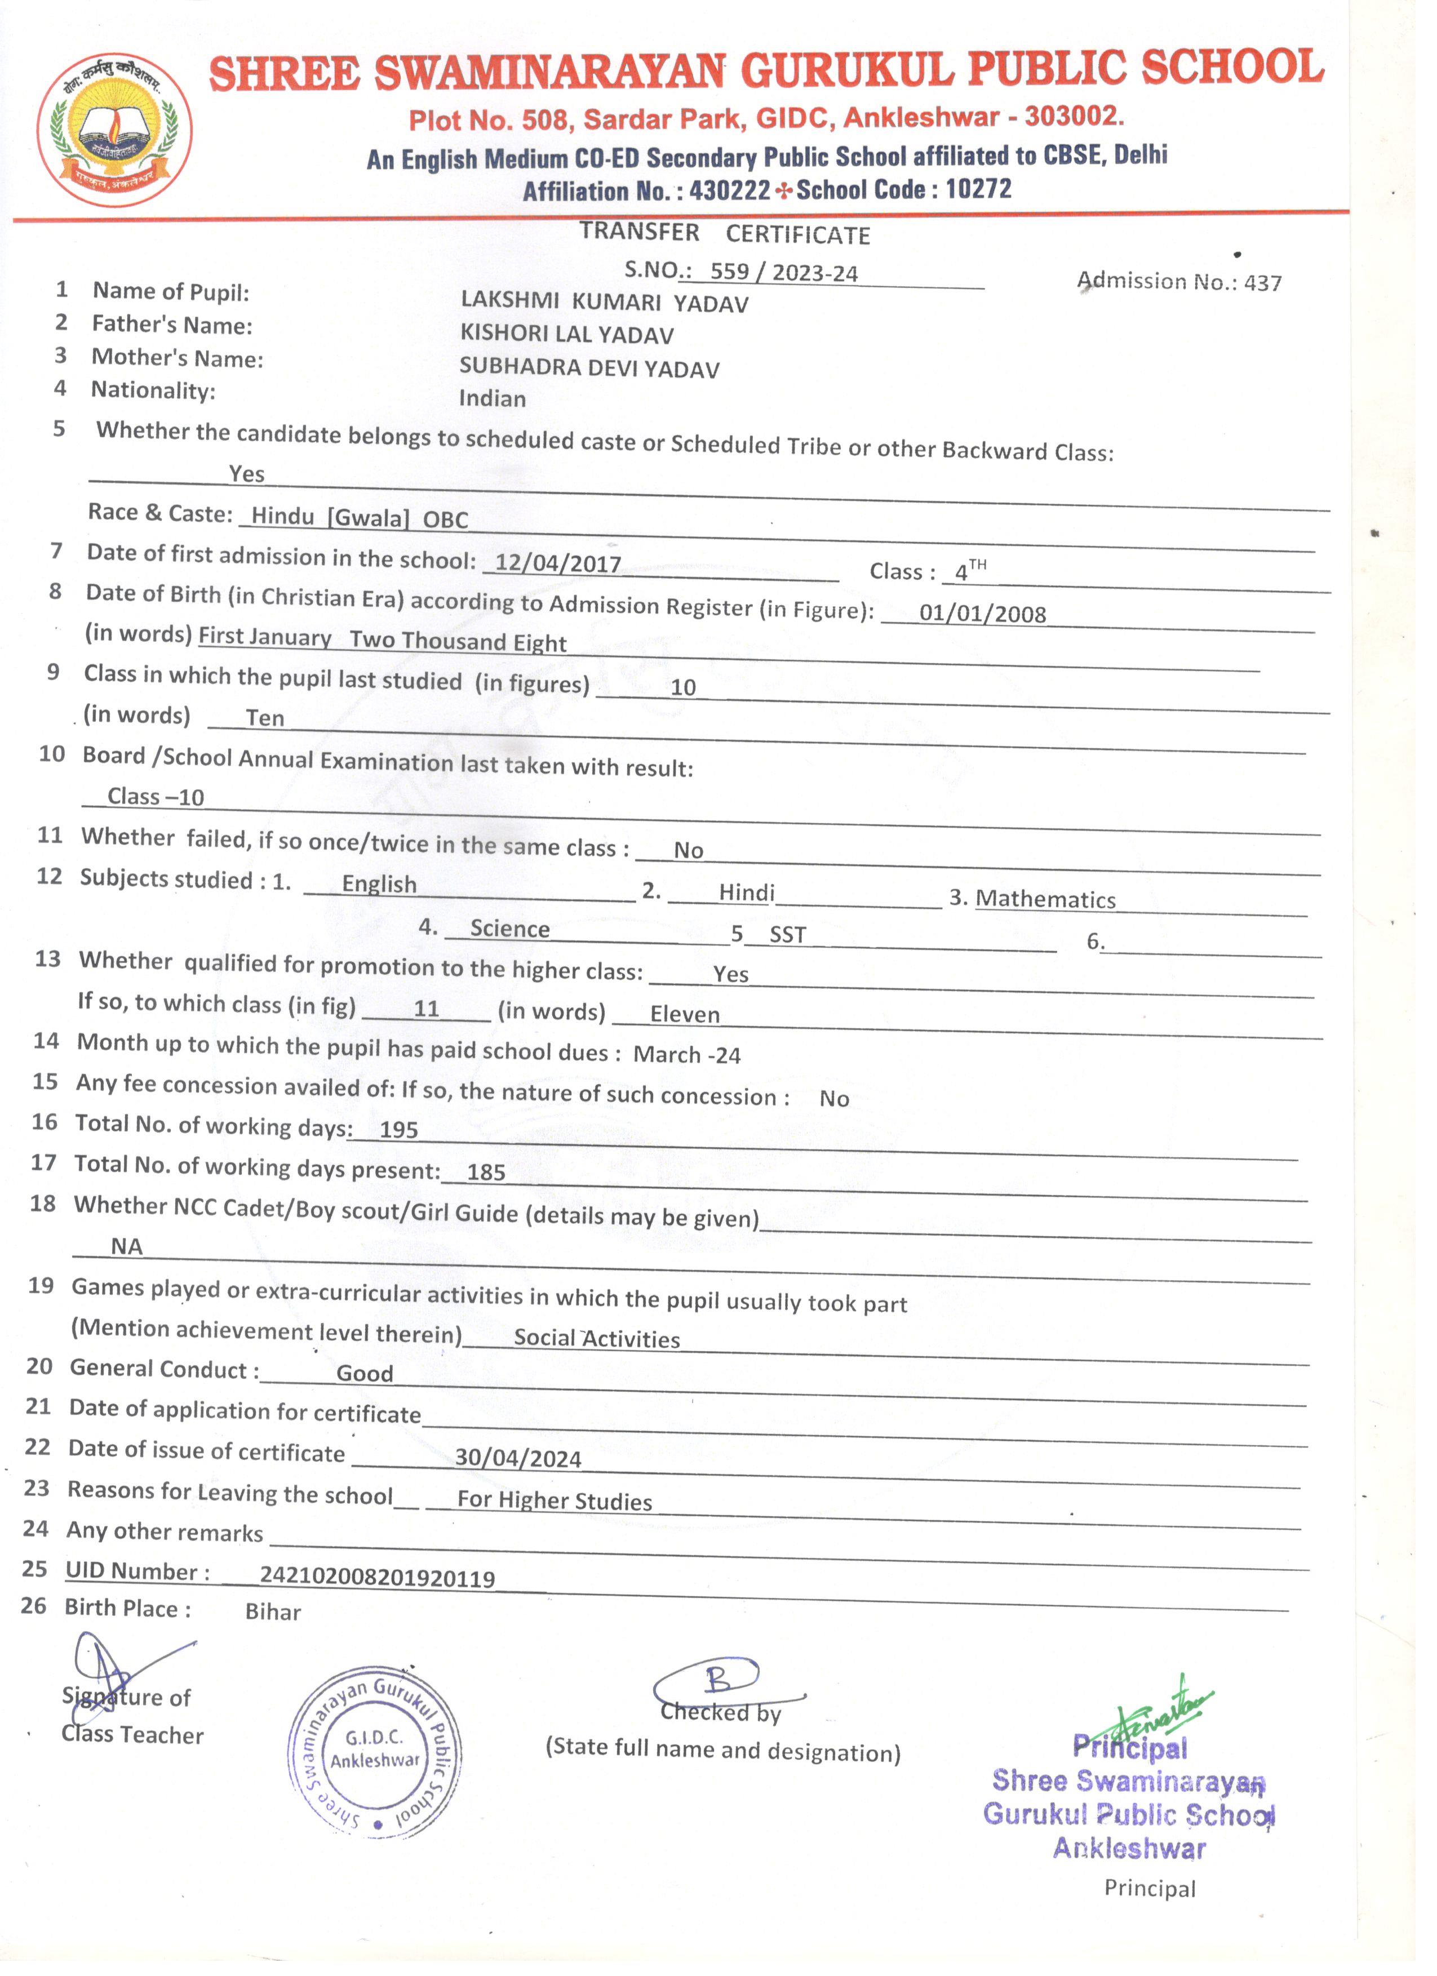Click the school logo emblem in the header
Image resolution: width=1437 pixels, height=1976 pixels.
point(114,131)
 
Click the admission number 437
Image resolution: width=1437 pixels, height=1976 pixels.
point(1263,283)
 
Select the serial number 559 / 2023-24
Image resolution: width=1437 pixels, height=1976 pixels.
point(783,273)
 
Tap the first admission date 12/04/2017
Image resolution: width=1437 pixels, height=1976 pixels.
point(558,563)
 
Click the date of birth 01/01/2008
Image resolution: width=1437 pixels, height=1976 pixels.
point(982,614)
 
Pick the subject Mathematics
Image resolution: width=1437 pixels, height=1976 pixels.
point(1046,899)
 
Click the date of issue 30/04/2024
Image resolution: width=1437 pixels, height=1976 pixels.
point(518,1458)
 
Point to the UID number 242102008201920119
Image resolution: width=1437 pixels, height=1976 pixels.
point(378,1578)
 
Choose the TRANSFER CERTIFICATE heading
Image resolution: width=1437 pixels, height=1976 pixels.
point(725,233)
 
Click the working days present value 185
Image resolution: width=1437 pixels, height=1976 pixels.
point(486,1173)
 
